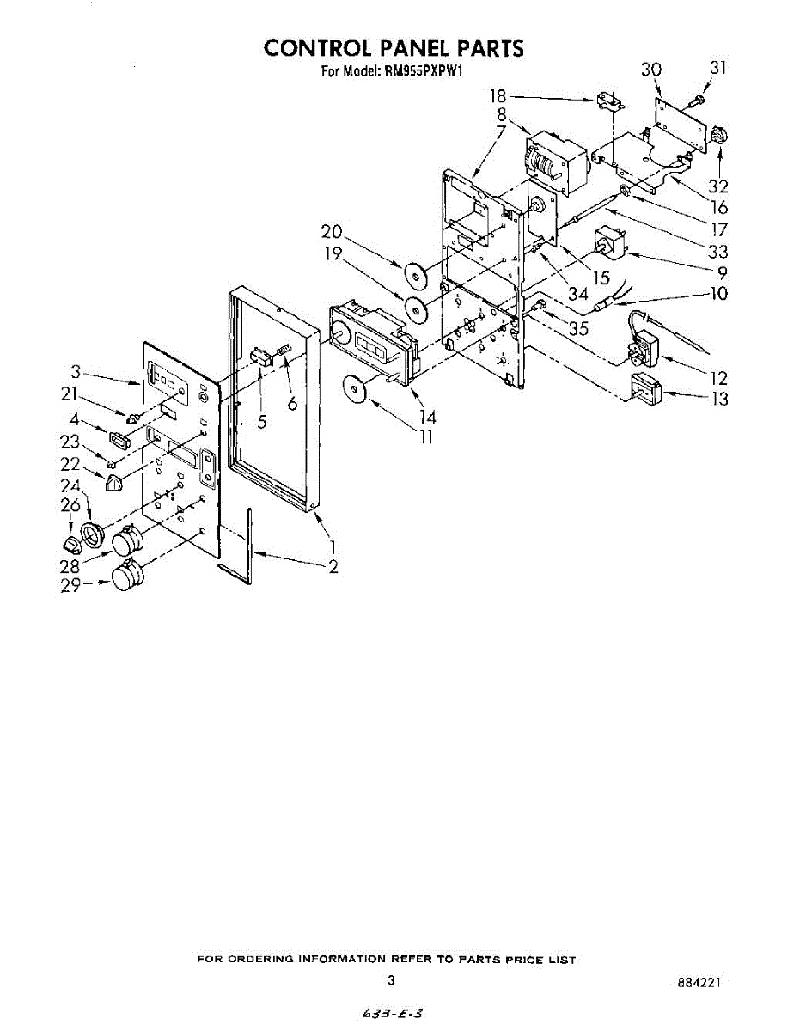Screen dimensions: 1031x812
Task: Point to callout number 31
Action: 717,68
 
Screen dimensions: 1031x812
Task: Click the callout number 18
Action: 498,97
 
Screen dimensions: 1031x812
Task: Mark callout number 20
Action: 333,231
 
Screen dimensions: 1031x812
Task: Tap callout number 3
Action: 76,372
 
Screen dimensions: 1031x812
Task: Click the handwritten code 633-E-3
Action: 392,1014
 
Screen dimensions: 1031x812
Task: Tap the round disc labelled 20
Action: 418,276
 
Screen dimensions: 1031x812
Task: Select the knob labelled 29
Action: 125,576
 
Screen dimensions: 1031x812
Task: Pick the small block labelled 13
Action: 647,390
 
